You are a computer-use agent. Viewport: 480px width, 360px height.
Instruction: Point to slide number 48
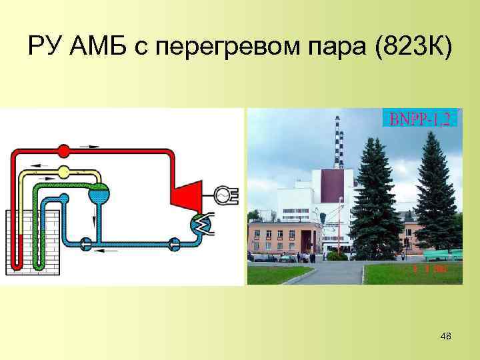(446, 337)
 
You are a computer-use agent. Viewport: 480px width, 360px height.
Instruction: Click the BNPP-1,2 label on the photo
(419, 119)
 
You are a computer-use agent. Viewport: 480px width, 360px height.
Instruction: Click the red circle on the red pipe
(63, 150)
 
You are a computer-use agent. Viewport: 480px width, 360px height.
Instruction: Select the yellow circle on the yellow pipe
(63, 172)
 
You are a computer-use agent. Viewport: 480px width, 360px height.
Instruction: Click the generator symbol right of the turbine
(223, 194)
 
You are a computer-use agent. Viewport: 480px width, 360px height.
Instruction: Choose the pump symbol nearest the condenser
(175, 244)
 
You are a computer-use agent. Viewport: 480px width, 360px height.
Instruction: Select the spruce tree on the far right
(437, 193)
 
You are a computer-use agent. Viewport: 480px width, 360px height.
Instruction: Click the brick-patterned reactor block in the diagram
(33, 240)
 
